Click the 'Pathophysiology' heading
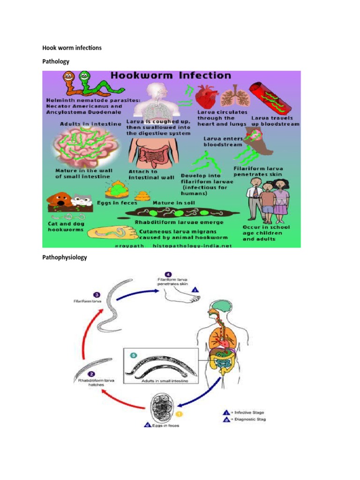[x=65, y=257]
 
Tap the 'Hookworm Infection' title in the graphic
[x=171, y=76]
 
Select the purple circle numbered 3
[x=96, y=295]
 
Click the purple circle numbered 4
[x=168, y=275]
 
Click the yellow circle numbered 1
[x=178, y=414]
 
